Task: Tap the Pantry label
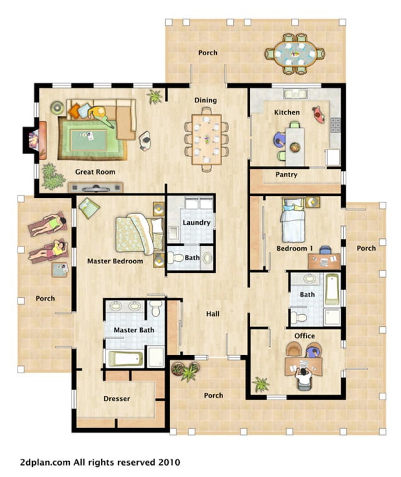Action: coord(286,174)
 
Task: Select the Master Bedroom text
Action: coord(115,261)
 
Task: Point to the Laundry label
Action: coord(196,222)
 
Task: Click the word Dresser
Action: coord(116,398)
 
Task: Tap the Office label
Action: coord(304,336)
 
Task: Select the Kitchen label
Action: coord(287,112)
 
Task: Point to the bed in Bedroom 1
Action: coord(292,221)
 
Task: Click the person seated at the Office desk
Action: coord(304,377)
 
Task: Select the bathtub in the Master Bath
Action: coord(126,358)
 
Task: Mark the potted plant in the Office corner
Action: coord(261,383)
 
